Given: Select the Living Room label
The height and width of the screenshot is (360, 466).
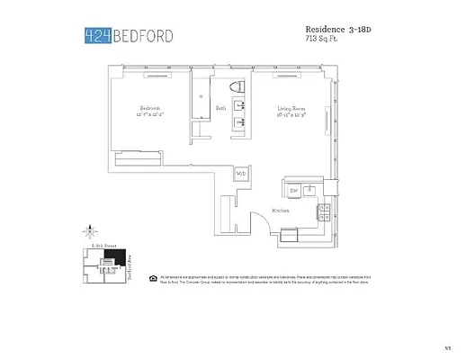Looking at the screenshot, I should click(292, 108).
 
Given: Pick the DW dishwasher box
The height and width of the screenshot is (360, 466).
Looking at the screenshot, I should click(293, 191).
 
